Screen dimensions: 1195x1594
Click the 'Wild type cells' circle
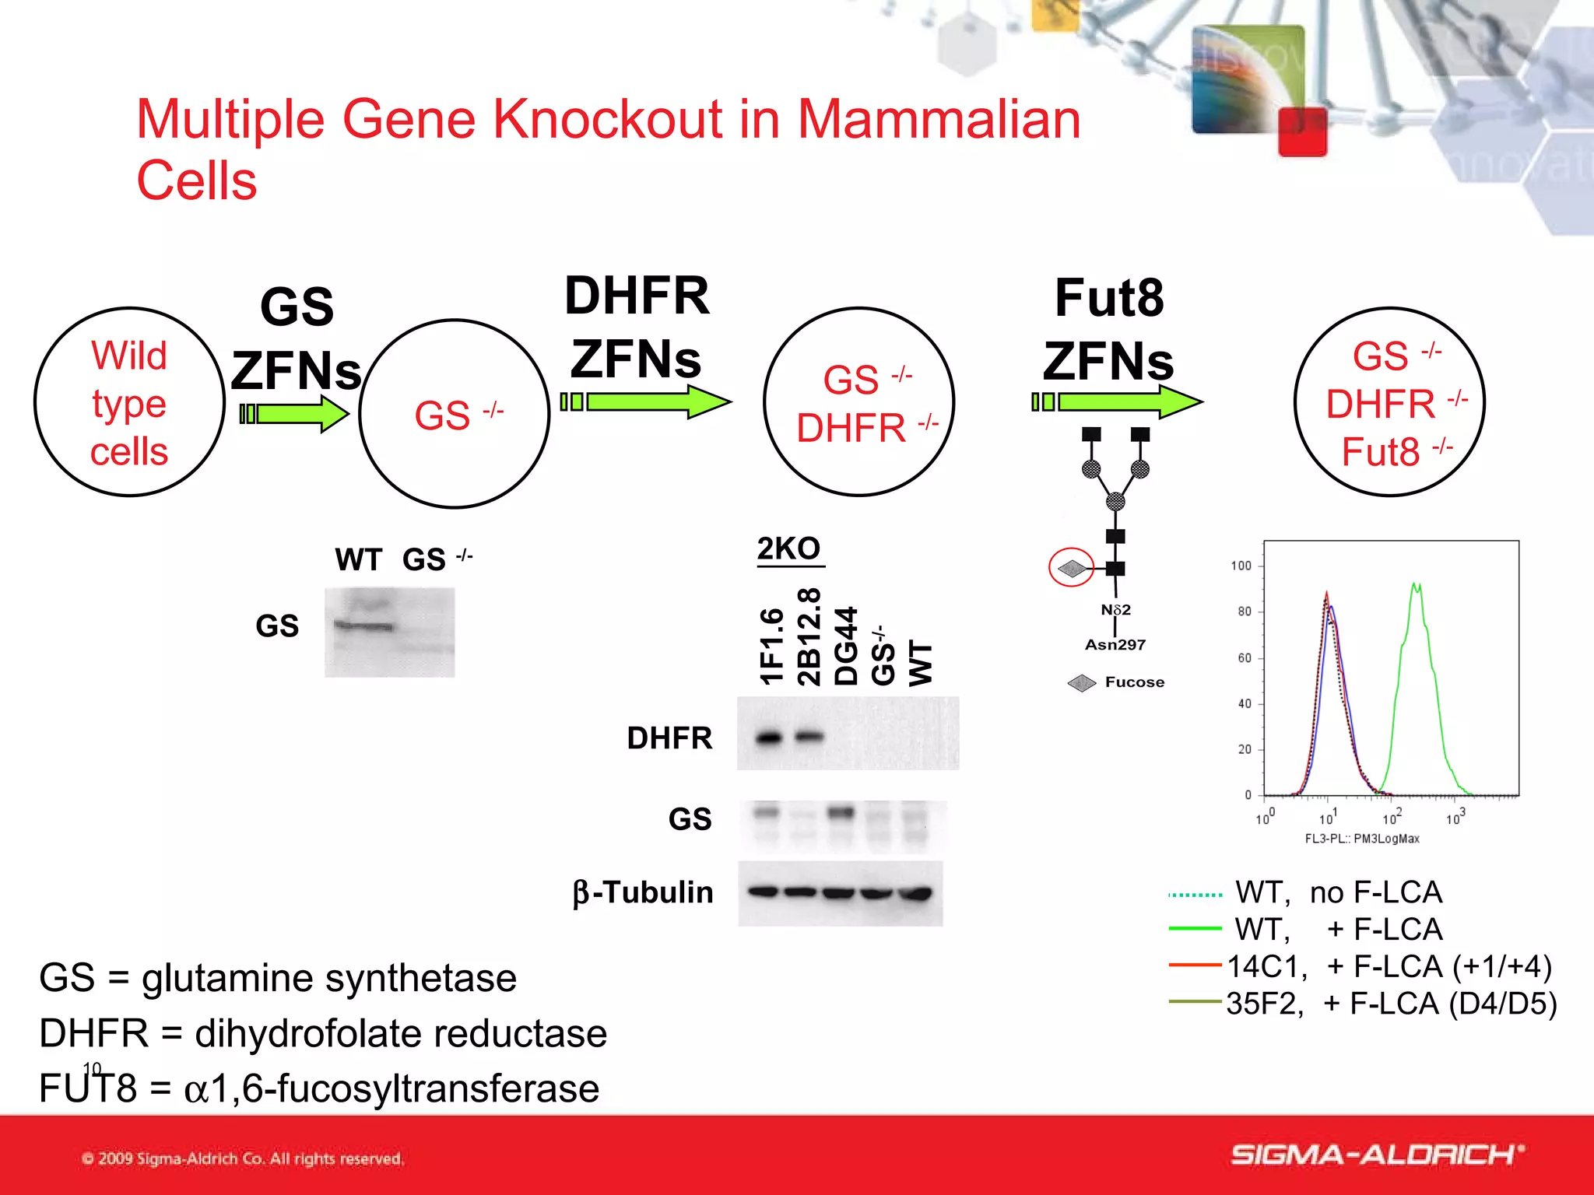(x=129, y=402)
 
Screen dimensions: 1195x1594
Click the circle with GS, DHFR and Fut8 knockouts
(x=1389, y=402)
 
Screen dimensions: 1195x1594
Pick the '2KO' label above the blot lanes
(x=788, y=548)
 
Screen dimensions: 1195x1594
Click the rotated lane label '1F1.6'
(x=771, y=646)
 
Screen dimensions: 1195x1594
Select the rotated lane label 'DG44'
(x=845, y=646)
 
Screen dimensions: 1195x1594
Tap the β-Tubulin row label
(x=643, y=892)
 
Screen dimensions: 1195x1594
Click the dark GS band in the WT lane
(x=364, y=626)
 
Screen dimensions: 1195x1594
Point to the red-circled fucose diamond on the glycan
(x=1072, y=568)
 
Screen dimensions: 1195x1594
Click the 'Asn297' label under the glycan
(x=1115, y=645)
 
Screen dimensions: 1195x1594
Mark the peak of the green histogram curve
(x=1417, y=585)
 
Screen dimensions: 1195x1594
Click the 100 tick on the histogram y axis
(x=1241, y=566)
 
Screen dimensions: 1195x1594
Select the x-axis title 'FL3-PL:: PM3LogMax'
(x=1362, y=839)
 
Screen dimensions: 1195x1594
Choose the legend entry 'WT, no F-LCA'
(x=1339, y=892)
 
